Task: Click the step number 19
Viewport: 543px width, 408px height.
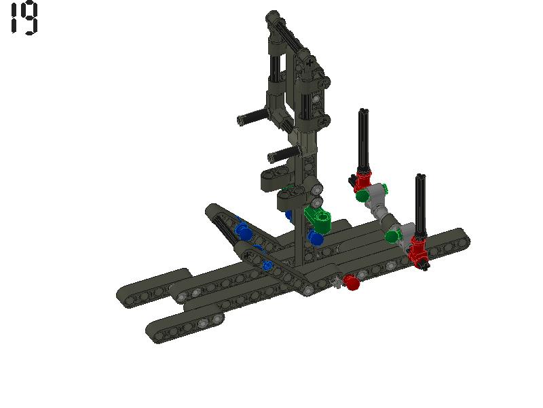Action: (24, 18)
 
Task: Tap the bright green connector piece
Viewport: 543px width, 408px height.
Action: (318, 218)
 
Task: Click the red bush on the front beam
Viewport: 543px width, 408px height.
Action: (351, 282)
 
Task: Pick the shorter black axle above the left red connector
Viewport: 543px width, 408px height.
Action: (364, 139)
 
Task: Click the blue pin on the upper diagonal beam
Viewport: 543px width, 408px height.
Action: (242, 231)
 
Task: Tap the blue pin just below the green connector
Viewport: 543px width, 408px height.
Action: (316, 238)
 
